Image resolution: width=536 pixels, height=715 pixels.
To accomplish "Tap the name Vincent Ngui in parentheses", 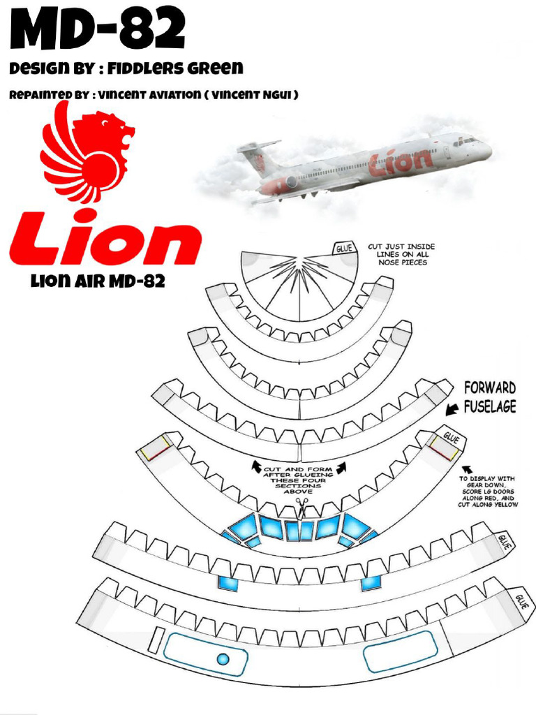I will click(x=252, y=94).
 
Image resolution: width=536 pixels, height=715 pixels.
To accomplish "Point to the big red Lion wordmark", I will click(x=105, y=242).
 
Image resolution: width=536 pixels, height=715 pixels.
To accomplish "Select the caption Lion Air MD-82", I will click(x=97, y=282).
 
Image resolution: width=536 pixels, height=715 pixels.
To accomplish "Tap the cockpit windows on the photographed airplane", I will click(x=466, y=141).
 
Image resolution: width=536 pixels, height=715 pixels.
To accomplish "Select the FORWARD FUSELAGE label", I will click(x=489, y=397).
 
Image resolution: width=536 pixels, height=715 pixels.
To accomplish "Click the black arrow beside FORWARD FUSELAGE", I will click(x=453, y=406).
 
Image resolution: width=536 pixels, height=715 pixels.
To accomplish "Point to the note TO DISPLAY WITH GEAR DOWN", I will click(x=487, y=491).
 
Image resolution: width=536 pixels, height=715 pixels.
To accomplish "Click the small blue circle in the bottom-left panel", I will click(x=223, y=658).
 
